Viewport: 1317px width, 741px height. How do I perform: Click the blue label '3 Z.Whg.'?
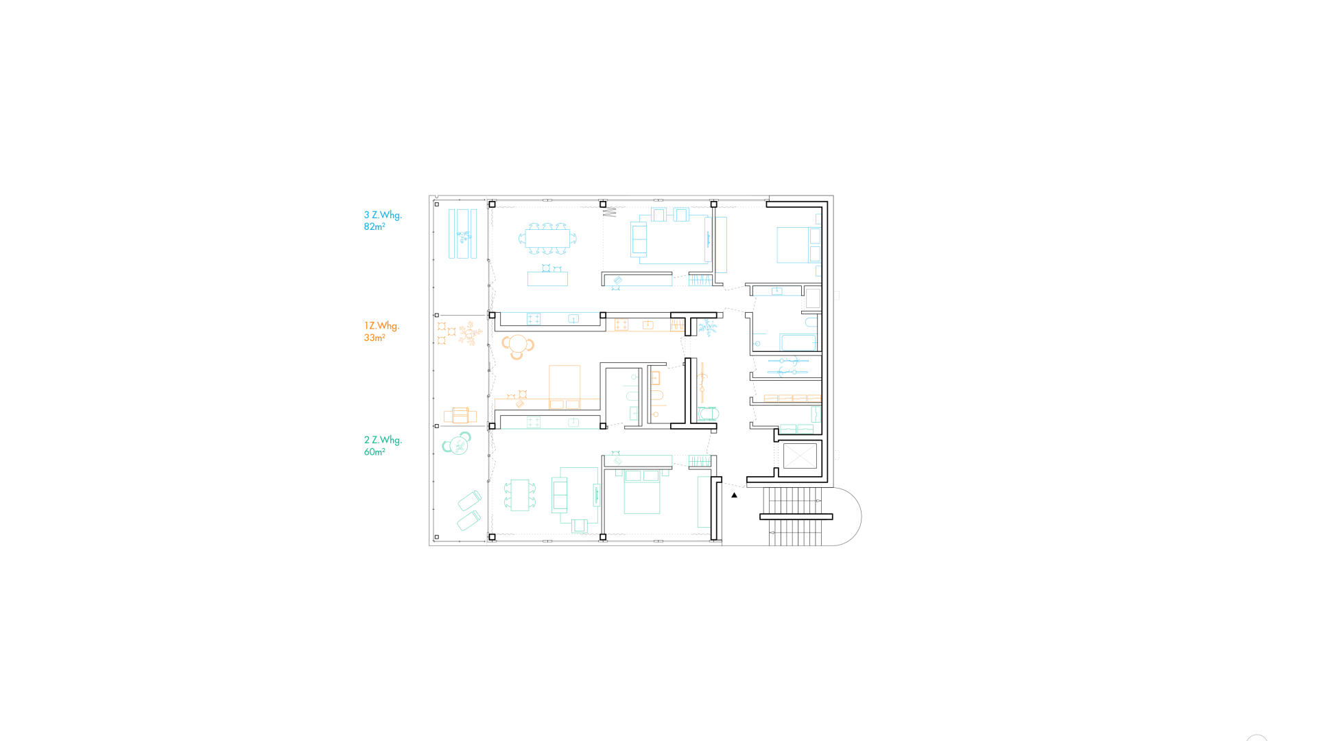pos(383,215)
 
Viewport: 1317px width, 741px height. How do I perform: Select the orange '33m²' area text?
pos(374,338)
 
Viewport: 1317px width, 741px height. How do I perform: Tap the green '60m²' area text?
pos(374,451)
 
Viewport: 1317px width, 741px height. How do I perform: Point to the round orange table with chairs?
pos(518,345)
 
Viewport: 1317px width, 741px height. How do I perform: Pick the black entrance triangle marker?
pos(734,495)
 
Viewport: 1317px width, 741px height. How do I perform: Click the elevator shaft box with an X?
pos(800,456)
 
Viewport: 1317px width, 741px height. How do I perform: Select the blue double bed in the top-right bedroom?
pos(798,245)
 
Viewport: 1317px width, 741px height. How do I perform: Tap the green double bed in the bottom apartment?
pos(641,492)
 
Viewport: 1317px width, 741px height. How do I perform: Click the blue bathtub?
pos(798,342)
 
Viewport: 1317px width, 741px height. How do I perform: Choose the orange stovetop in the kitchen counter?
pos(621,325)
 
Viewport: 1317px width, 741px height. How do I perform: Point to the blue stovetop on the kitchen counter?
pos(534,318)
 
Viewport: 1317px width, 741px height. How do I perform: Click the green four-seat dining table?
pos(520,495)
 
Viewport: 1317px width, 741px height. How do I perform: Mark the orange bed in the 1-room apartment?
pos(565,387)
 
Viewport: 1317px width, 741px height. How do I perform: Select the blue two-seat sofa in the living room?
pos(639,240)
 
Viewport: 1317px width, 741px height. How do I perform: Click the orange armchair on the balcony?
pos(460,415)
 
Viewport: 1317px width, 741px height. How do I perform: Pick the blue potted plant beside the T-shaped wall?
pos(707,328)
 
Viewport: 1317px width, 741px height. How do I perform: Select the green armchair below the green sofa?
pos(580,526)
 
